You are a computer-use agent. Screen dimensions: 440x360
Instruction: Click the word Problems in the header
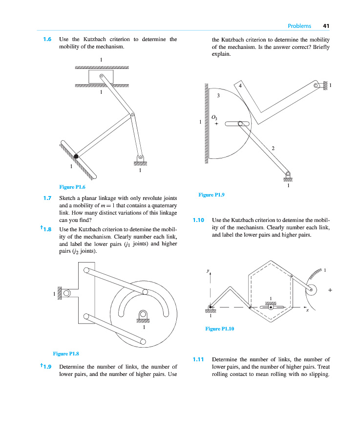(x=299, y=26)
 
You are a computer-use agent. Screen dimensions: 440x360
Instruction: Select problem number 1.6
(x=47, y=39)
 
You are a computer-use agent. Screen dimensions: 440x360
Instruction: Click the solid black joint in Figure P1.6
(x=76, y=156)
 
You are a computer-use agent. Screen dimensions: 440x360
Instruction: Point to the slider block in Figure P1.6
(x=101, y=77)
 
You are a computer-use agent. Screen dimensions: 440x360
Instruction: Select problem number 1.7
(x=47, y=198)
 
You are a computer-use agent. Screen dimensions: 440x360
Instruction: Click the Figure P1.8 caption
(x=66, y=353)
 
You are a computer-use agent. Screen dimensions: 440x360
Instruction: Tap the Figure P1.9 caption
(x=212, y=195)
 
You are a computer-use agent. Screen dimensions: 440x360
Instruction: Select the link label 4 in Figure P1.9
(x=240, y=86)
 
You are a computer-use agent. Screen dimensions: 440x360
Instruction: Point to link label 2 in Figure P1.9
(x=273, y=148)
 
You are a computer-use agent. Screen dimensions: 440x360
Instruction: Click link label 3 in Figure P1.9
(x=218, y=96)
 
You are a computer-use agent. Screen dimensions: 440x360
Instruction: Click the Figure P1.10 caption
(x=220, y=329)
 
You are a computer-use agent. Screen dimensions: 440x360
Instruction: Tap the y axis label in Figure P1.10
(x=208, y=270)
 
